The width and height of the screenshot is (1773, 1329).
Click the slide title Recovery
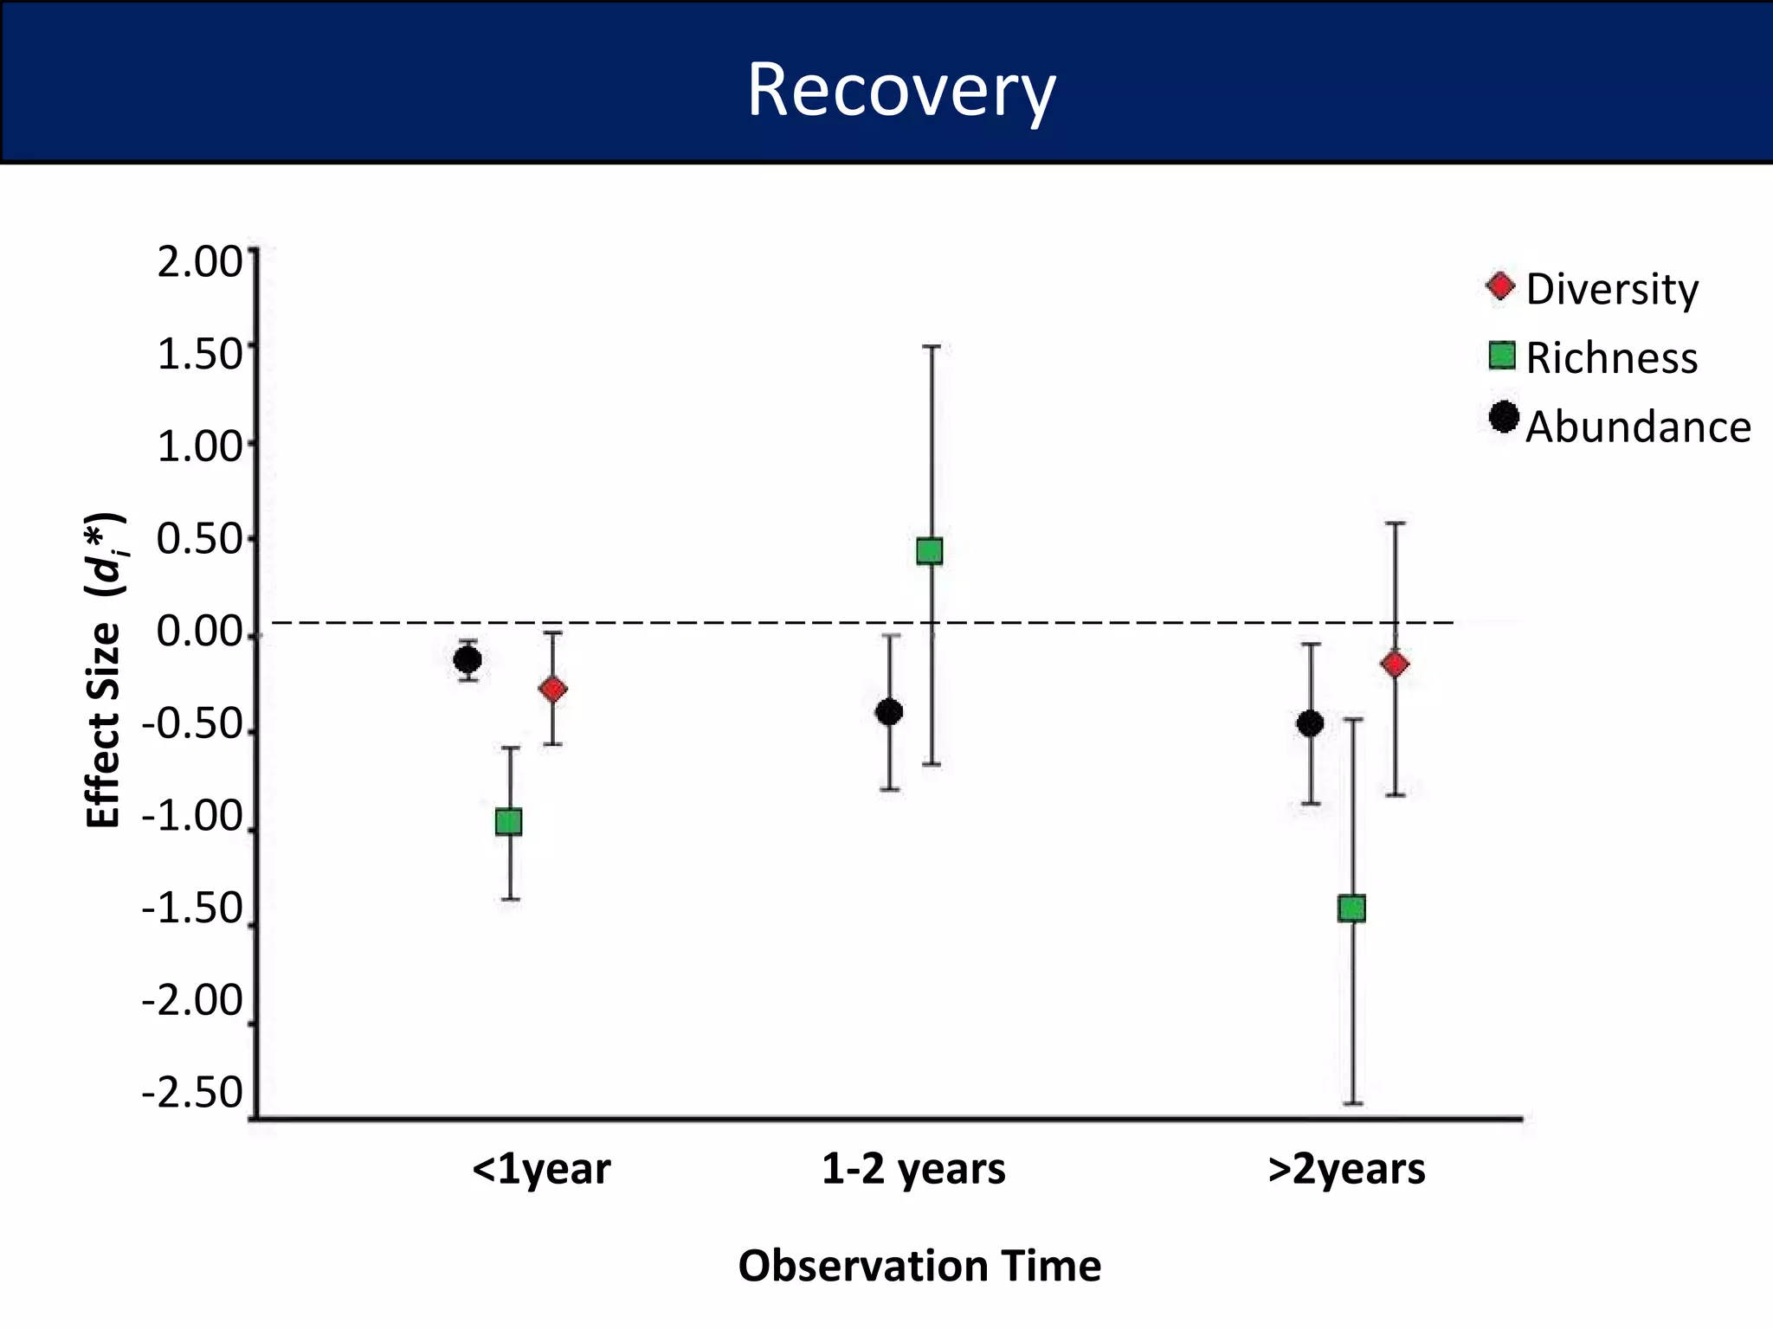[x=900, y=90]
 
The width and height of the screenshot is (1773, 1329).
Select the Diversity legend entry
[x=1611, y=289]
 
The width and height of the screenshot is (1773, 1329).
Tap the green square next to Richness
[x=1502, y=356]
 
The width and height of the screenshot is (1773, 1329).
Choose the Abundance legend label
[x=1637, y=427]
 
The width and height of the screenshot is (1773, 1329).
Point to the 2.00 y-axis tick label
[x=200, y=261]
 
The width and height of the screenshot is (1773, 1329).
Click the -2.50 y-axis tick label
[x=193, y=1093]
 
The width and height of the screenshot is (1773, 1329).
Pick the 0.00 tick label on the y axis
[x=200, y=632]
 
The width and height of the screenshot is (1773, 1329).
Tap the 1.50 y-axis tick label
[x=200, y=355]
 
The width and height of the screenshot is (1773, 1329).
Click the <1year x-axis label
[x=541, y=1169]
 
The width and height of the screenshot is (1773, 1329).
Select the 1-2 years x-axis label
[x=913, y=1169]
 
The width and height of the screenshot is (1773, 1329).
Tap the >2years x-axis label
[x=1346, y=1169]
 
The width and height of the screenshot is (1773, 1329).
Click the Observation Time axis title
[x=919, y=1266]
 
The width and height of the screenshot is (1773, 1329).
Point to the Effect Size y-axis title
[x=105, y=671]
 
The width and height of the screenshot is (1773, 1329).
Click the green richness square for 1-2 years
[x=930, y=551]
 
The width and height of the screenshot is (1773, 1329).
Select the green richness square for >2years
[x=1351, y=908]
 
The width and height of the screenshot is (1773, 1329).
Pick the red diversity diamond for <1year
[x=553, y=689]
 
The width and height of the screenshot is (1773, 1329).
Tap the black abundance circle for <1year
[x=467, y=660]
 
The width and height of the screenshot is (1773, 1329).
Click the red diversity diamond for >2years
[x=1395, y=664]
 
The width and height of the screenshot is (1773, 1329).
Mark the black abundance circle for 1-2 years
[x=889, y=712]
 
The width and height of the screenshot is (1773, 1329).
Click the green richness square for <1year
[x=509, y=821]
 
